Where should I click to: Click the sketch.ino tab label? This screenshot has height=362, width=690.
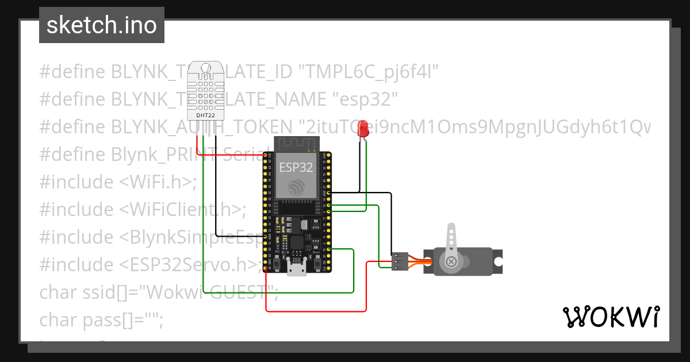click(101, 25)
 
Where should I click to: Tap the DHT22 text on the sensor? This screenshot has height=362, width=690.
click(206, 115)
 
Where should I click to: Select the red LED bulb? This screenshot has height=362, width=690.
click(363, 128)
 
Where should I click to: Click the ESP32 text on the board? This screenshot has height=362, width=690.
click(296, 167)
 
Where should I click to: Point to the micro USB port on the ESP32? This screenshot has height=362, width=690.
click(297, 267)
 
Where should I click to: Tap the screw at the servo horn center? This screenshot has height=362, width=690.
click(451, 262)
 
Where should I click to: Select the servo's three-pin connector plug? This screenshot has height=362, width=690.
click(400, 261)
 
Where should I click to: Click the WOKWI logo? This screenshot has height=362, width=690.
click(611, 317)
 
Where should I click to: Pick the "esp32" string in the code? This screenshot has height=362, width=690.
click(366, 99)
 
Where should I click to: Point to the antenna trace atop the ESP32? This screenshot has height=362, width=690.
click(296, 144)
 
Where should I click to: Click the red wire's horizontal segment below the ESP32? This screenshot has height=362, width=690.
click(316, 311)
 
